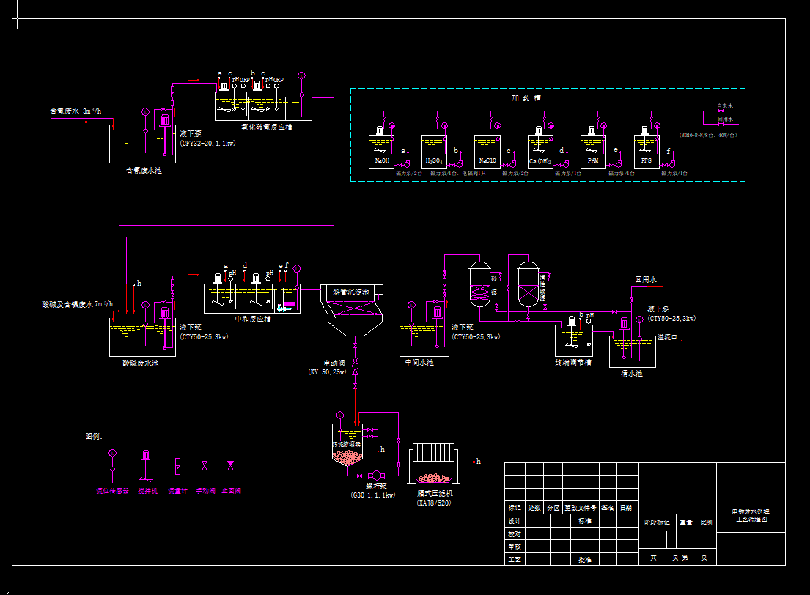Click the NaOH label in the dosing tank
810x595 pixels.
coord(382,160)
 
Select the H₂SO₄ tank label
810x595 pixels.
coord(434,160)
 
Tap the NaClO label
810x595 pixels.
coord(487,160)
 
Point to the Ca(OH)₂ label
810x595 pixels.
coord(540,160)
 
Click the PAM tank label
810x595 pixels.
coord(593,160)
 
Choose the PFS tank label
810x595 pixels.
coord(646,160)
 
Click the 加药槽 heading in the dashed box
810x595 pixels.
coord(526,97)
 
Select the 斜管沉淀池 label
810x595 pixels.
coord(351,292)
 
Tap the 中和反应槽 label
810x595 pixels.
coord(252,319)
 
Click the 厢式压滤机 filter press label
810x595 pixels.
coord(433,494)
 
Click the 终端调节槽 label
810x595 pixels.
coord(572,361)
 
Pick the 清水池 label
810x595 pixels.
coord(631,373)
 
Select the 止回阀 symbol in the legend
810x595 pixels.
coord(230,465)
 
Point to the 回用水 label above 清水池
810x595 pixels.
coord(646,279)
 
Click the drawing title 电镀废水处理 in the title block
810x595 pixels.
coord(751,511)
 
